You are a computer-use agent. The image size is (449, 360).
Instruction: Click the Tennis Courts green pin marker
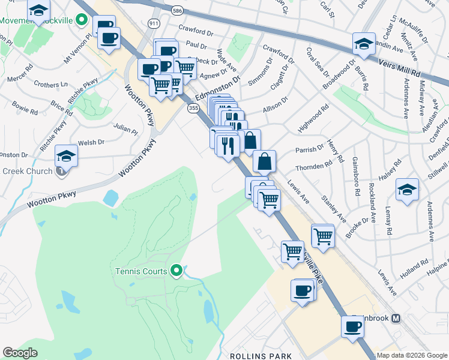(176, 271)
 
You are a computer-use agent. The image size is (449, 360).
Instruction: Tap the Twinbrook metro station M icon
(396, 318)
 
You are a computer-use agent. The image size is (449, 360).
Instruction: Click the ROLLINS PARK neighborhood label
(261, 356)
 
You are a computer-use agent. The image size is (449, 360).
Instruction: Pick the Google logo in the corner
(20, 353)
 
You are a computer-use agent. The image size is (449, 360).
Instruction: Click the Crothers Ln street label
(50, 84)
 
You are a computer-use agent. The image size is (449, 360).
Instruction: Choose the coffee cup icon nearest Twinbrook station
(353, 327)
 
